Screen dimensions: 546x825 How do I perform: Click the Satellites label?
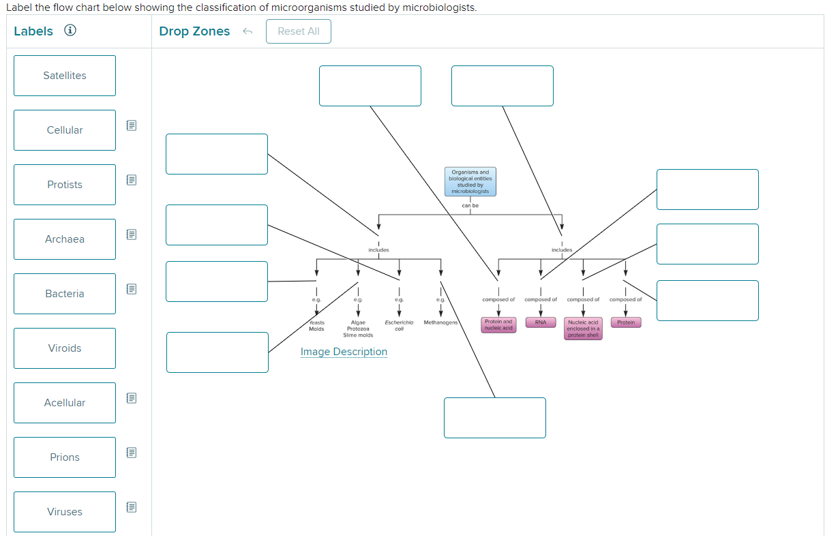point(65,76)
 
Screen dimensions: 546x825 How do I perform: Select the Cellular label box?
point(65,130)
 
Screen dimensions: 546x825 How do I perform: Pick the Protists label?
point(65,185)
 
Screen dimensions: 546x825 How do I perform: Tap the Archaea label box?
point(65,239)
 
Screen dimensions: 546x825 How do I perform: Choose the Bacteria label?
point(65,294)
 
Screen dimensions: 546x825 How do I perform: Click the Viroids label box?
point(65,348)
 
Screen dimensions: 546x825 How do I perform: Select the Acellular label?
point(65,403)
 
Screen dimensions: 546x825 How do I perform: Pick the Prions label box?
point(65,457)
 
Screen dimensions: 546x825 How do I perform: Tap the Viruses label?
point(65,512)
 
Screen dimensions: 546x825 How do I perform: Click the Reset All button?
point(299,31)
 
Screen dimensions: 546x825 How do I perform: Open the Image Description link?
point(344,352)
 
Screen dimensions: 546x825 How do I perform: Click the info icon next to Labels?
point(70,31)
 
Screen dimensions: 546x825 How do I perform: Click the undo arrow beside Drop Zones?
point(248,31)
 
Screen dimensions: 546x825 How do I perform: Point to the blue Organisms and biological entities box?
point(470,182)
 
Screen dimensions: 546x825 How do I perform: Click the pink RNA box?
point(541,322)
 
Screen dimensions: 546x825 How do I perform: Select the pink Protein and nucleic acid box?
point(498,325)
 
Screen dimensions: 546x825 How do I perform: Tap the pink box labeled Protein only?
point(626,322)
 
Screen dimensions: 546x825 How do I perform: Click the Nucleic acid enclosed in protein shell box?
point(583,329)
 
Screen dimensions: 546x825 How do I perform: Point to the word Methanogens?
point(440,322)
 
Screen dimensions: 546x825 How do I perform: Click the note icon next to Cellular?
point(132,125)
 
